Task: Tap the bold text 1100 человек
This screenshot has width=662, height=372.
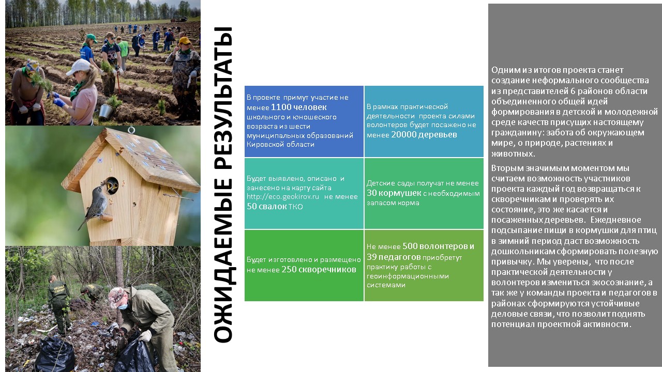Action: (298, 107)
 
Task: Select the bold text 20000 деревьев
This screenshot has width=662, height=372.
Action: (424, 135)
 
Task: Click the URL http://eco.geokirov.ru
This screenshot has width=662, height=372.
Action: (283, 197)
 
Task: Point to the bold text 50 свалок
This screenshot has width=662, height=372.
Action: (266, 206)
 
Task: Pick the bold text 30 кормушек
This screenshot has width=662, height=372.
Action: (394, 193)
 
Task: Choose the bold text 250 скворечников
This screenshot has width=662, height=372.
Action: (319, 270)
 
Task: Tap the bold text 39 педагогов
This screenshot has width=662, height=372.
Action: (394, 257)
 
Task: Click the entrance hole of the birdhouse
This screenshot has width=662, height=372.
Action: (112, 185)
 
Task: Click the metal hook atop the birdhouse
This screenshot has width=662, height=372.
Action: (131, 130)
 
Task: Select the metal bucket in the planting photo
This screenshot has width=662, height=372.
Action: (106, 111)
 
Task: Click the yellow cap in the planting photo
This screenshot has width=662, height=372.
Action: (185, 40)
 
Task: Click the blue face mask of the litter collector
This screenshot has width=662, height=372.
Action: (123, 306)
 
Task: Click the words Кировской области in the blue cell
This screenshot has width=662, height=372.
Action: (280, 145)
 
